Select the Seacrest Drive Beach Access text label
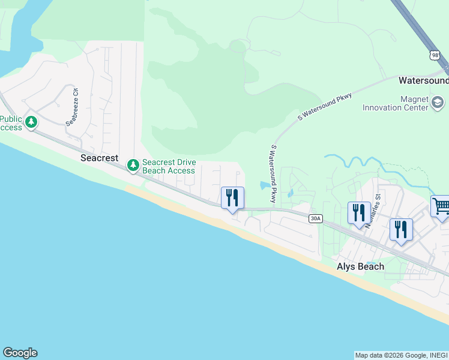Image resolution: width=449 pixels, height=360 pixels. [169, 166]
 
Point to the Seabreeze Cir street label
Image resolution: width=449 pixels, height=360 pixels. [72, 107]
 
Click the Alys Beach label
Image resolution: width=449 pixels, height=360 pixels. [360, 266]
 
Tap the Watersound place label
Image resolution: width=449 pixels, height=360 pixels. [423, 80]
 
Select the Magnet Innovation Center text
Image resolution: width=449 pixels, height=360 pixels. [396, 103]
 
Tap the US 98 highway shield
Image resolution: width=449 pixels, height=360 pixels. [435, 55]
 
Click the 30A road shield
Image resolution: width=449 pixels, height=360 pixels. [315, 218]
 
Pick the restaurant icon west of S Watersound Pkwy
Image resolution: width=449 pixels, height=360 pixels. [232, 198]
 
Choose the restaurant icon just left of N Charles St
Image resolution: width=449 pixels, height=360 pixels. [359, 213]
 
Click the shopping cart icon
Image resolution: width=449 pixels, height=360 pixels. [441, 206]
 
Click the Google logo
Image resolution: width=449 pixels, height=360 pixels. [20, 353]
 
